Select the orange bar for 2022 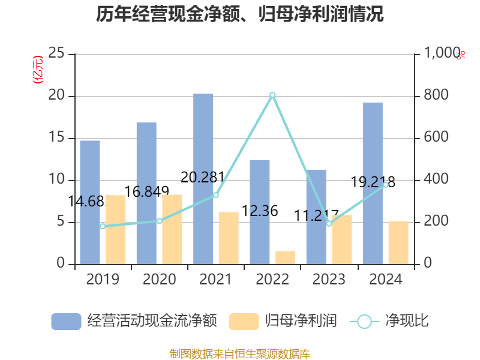coord(285,257)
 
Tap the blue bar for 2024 coord(373,183)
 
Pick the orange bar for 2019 coord(116,229)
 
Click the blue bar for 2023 coord(316,217)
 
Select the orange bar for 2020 coord(172,229)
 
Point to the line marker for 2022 coord(272,95)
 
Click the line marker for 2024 coord(385,185)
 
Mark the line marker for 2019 coord(103,226)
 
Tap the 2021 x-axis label coord(215,280)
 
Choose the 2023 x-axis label coord(329,280)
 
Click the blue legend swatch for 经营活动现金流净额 coord(66,321)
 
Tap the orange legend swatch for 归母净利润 coord(244,321)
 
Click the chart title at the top coord(240,14)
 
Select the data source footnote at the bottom coord(240,353)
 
